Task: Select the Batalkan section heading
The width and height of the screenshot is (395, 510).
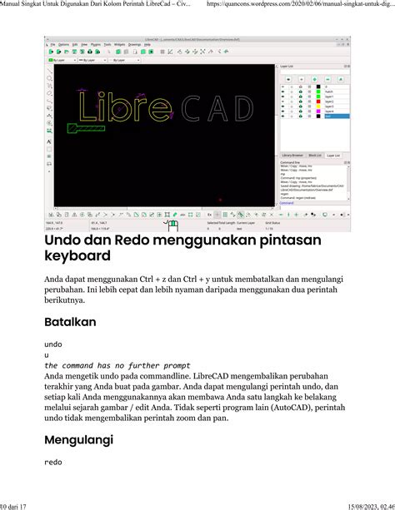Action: pos(70,321)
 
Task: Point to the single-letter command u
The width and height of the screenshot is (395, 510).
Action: pos(46,354)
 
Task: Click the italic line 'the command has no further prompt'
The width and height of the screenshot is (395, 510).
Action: pos(117,365)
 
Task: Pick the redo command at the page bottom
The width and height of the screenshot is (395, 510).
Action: pos(52,461)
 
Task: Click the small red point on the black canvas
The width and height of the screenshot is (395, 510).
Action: pos(220,200)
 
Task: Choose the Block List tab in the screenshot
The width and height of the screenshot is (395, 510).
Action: pos(314,155)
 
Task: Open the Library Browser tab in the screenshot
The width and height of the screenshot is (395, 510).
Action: pos(292,155)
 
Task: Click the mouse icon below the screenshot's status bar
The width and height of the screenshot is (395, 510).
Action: pos(172,225)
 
